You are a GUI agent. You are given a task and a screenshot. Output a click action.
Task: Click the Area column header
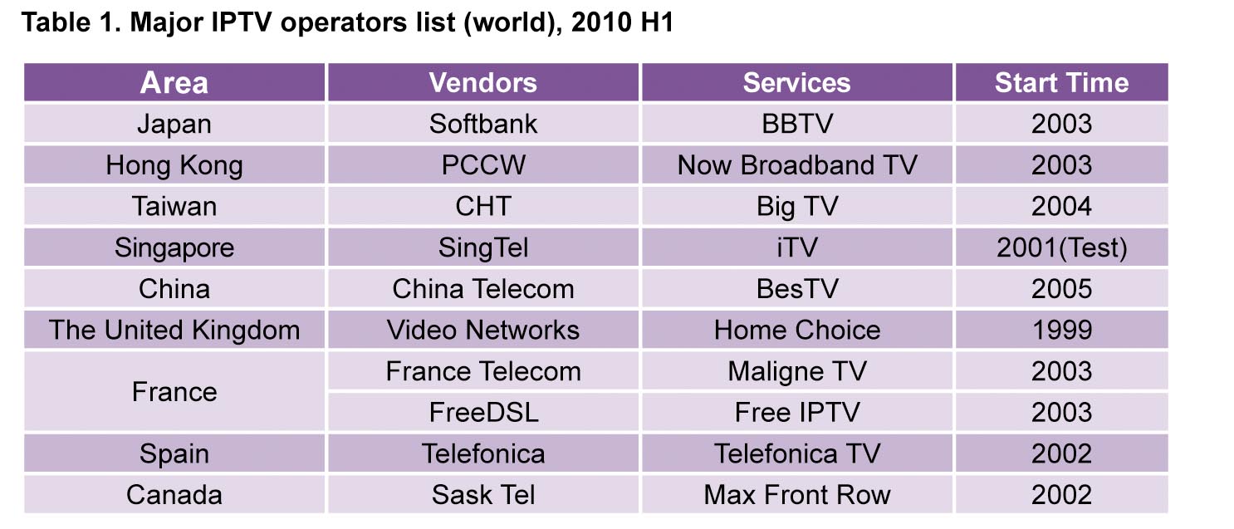pyautogui.click(x=174, y=83)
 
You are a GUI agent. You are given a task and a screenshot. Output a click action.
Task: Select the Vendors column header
pyautogui.click(x=483, y=83)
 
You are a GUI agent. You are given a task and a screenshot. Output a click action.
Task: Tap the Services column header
pyautogui.click(x=796, y=83)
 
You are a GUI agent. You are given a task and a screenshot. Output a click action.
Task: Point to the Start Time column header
pyautogui.click(x=1061, y=83)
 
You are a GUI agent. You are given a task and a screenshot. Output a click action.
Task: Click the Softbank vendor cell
pyautogui.click(x=483, y=124)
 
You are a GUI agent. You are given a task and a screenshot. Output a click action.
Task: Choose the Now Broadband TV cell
pyautogui.click(x=796, y=164)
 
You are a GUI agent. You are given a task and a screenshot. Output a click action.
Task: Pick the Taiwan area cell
pyautogui.click(x=174, y=206)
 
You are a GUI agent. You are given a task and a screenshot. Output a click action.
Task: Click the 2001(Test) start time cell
pyautogui.click(x=1061, y=247)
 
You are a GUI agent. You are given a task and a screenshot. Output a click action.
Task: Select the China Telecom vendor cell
pyautogui.click(x=483, y=289)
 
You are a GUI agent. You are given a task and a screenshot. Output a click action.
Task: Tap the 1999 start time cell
pyautogui.click(x=1061, y=330)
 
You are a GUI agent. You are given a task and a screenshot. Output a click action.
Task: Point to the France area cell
pyautogui.click(x=174, y=392)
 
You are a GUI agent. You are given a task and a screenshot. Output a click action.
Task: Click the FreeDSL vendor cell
pyautogui.click(x=483, y=412)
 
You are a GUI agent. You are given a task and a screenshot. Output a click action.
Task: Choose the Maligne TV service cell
pyautogui.click(x=796, y=371)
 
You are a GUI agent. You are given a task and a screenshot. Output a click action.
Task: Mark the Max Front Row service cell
pyautogui.click(x=796, y=494)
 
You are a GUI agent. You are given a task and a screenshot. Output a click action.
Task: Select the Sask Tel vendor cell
pyautogui.click(x=483, y=494)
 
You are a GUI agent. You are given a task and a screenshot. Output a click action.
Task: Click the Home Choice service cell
pyautogui.click(x=796, y=330)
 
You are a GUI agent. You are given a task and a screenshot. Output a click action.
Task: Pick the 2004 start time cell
pyautogui.click(x=1061, y=206)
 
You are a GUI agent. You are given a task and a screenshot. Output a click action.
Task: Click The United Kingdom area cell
pyautogui.click(x=174, y=330)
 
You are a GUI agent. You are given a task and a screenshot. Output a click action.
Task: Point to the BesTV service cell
pyautogui.click(x=796, y=289)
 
